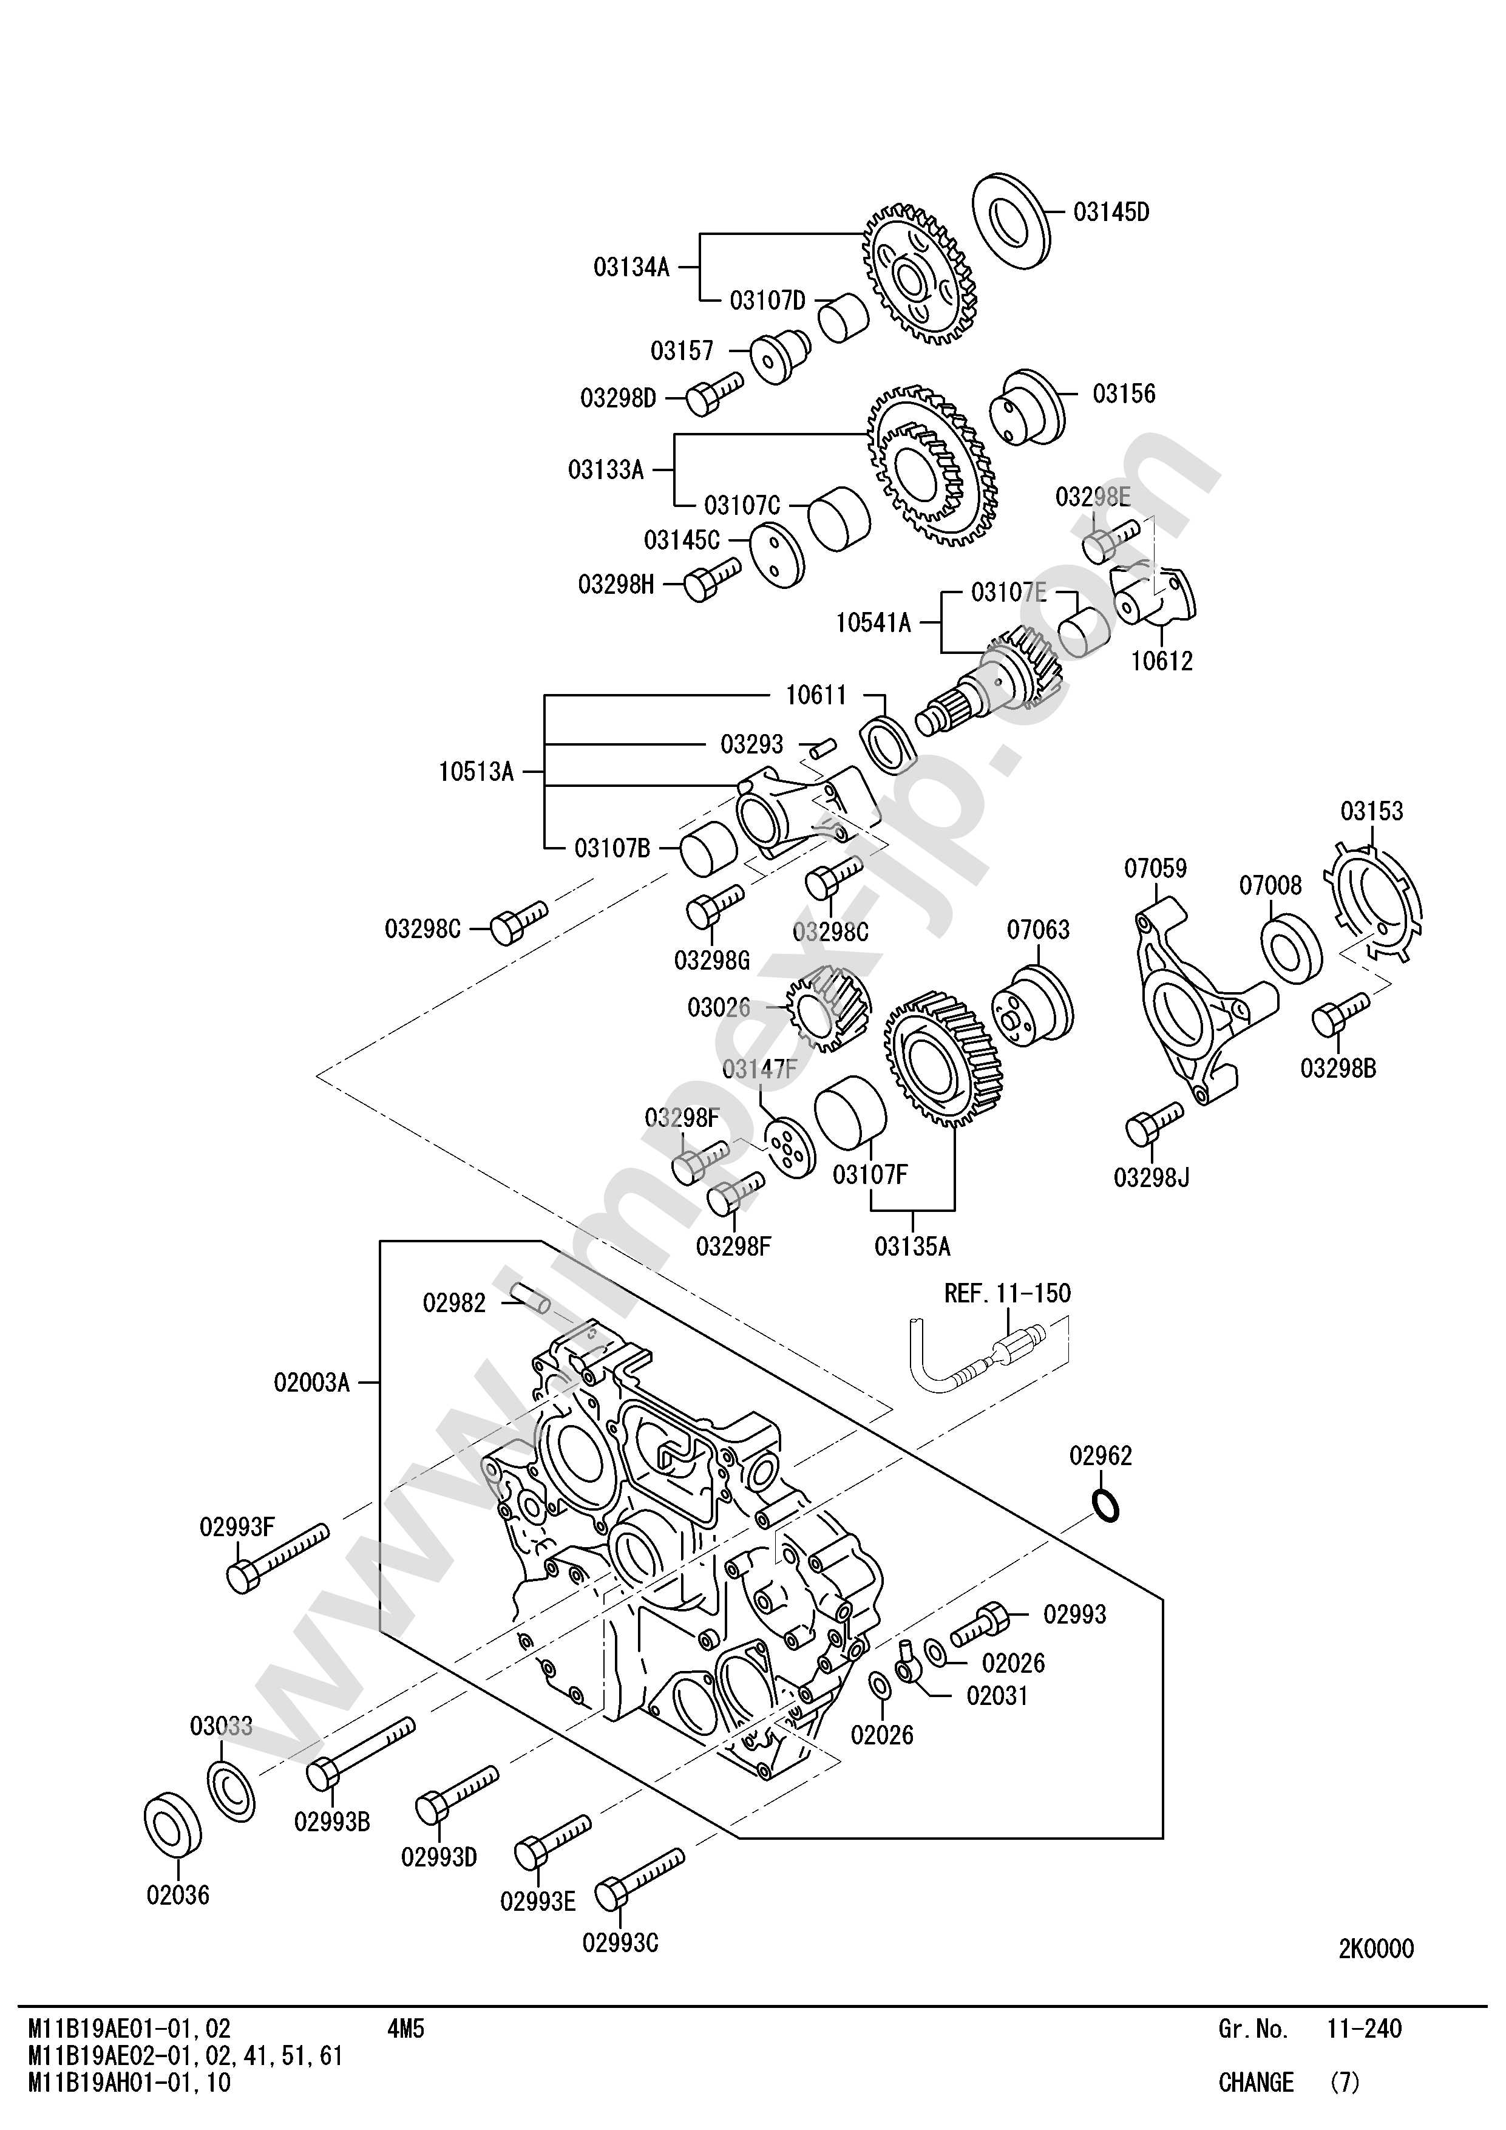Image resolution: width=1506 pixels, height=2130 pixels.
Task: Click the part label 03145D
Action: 1111,213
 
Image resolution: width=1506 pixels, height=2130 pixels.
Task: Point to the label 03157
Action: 682,351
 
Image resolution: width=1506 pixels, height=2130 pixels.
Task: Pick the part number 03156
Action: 1124,393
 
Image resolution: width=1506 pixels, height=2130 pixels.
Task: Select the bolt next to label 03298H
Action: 712,579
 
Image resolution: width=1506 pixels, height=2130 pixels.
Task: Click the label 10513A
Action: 476,772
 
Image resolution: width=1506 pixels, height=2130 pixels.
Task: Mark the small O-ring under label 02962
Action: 1107,1506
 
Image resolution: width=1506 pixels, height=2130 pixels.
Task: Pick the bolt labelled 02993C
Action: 638,1880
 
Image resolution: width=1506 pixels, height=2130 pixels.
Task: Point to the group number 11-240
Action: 1364,2029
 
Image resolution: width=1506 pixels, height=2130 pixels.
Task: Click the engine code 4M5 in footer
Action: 405,2029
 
